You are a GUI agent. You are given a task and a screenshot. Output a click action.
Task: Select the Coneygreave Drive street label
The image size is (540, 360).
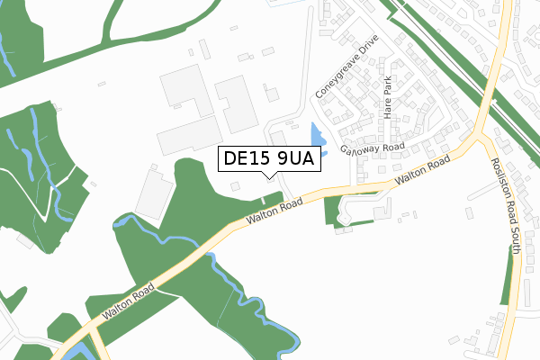click(344, 67)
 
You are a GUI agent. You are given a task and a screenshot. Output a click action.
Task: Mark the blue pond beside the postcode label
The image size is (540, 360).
click(316, 136)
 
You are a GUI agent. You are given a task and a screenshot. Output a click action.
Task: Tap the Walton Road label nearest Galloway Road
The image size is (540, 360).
click(421, 175)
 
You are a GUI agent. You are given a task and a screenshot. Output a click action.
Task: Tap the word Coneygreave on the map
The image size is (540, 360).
click(336, 76)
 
